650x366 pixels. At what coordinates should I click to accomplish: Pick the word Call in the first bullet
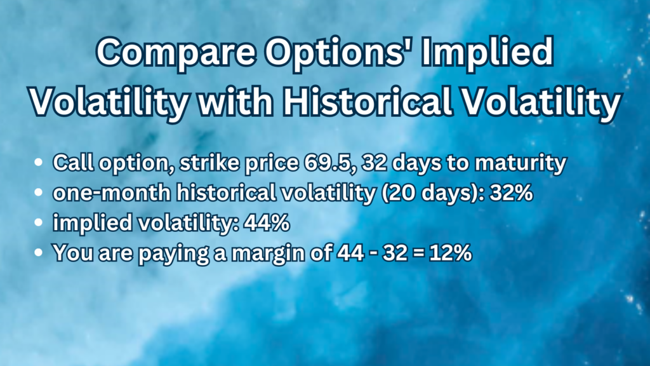click(69, 163)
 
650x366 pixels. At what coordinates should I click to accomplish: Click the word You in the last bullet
click(68, 252)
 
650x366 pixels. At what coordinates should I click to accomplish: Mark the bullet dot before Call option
click(40, 164)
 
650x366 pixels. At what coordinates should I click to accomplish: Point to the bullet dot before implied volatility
click(40, 223)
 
